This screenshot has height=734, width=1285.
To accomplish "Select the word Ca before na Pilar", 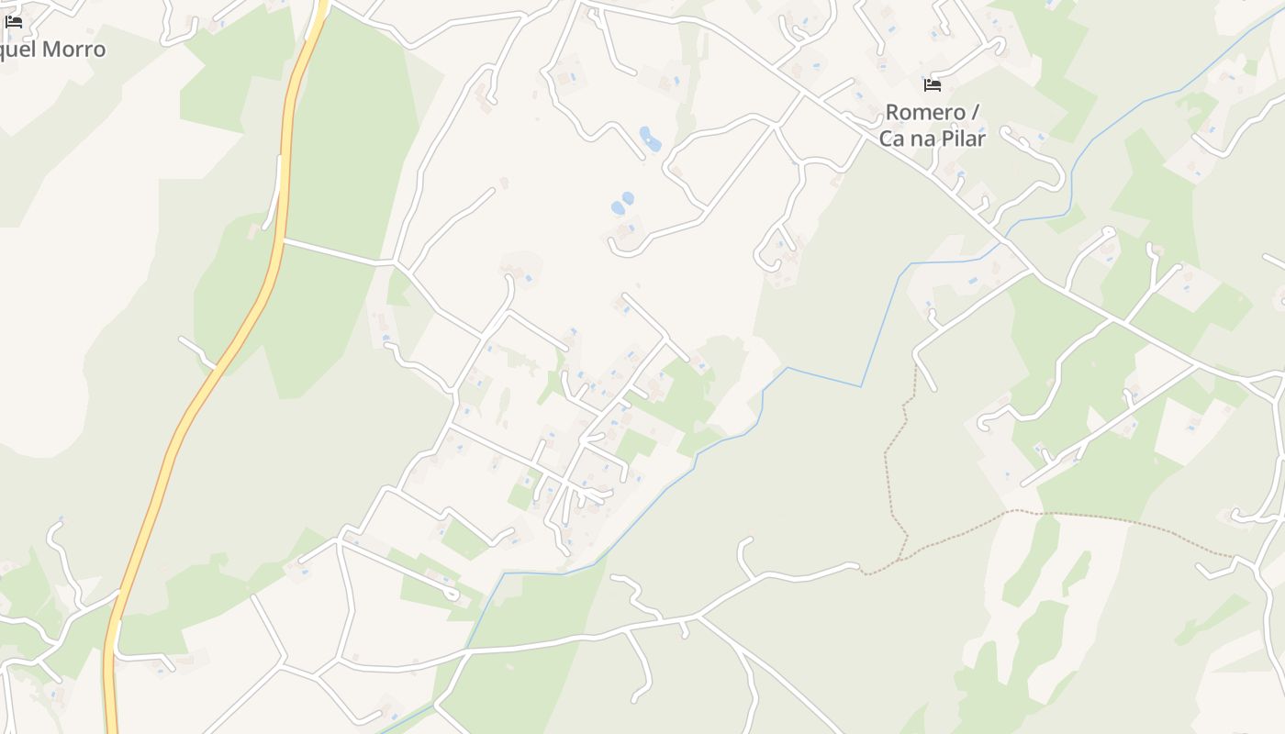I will (892, 139).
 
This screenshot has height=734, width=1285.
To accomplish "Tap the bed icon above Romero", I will (933, 85).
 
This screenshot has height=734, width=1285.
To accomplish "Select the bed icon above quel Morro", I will (14, 22).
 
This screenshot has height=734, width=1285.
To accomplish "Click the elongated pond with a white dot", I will (650, 139).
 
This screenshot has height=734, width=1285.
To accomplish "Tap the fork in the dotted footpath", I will (1010, 511).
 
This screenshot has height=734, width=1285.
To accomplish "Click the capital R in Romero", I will (892, 113).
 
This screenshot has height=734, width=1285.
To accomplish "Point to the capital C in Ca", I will (887, 139).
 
